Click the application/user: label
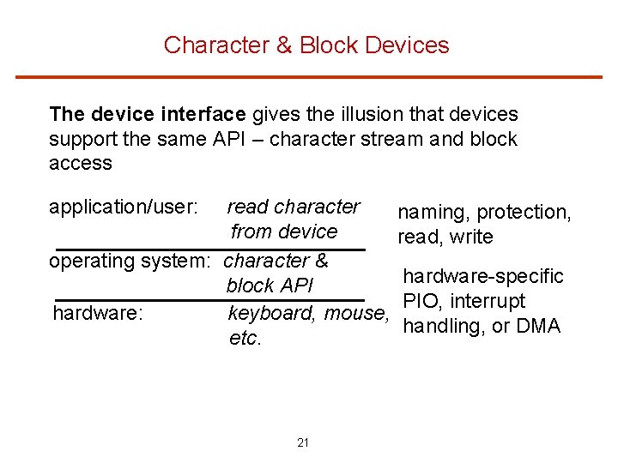point(124,207)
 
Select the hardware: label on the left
point(97,314)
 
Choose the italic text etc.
point(245,339)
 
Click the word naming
point(433,212)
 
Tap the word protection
point(524,212)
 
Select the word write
point(470,237)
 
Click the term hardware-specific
point(483,276)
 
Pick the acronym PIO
point(419,301)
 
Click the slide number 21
point(302,442)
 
